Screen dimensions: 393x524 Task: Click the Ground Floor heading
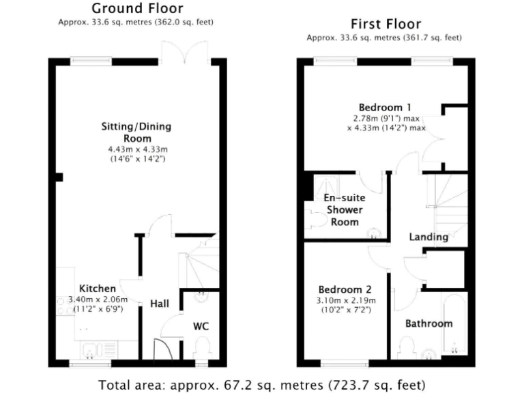[x=136, y=9]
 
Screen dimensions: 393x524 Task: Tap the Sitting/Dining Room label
[x=136, y=132]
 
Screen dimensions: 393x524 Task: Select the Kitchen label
[x=98, y=288]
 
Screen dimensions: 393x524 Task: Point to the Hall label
[x=160, y=304]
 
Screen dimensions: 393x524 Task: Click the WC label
[x=201, y=326]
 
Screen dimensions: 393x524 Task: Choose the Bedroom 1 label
[x=385, y=107]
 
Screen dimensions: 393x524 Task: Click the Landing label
[x=428, y=237]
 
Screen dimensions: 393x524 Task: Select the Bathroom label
[x=428, y=323]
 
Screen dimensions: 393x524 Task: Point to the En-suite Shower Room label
[x=345, y=209]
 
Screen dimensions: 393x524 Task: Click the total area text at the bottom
[x=262, y=384]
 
